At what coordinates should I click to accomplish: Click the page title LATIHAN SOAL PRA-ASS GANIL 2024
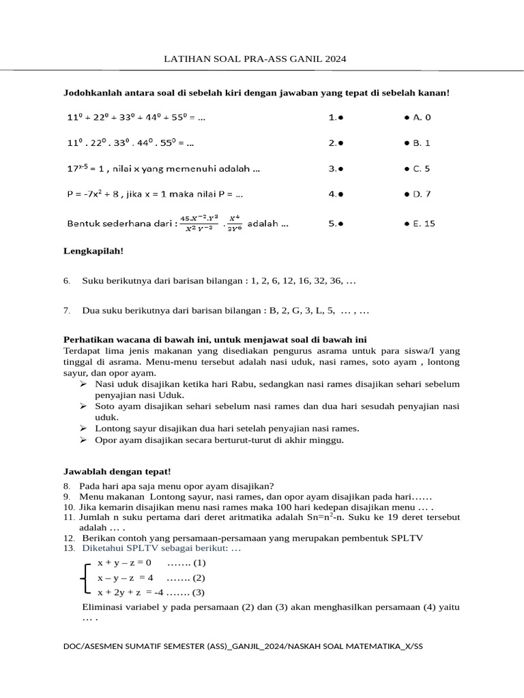pos(256,59)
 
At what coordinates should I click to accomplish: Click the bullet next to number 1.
pos(340,117)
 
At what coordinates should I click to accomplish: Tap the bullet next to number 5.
pos(340,223)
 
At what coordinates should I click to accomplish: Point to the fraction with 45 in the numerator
pos(199,223)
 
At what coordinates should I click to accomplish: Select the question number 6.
pos(66,281)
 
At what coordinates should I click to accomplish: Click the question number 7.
pos(66,311)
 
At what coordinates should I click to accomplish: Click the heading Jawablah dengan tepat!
pos(107,471)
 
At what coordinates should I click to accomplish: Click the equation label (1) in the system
pos(199,563)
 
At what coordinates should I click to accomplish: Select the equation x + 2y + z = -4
pos(139,592)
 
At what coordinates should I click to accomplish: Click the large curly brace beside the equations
pos(84,577)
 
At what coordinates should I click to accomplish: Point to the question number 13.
pos(68,548)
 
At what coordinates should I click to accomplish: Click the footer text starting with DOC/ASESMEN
pos(242,645)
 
